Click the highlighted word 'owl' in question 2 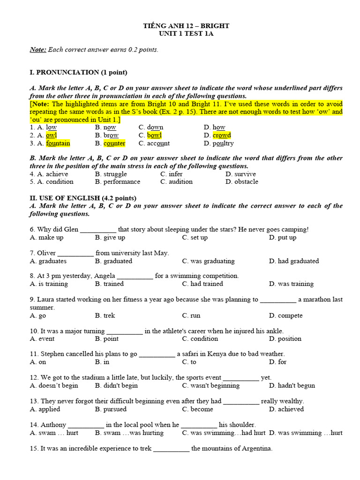pos(51,135)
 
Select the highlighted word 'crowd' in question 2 pos(222,135)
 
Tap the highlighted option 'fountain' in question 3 pos(58,143)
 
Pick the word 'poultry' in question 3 pos(223,143)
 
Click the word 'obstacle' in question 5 pos(246,182)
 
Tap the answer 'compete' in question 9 pos(290,315)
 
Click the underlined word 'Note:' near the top pos(38,50)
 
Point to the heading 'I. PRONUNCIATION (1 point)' pos(78,73)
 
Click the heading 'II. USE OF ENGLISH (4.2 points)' pos(83,198)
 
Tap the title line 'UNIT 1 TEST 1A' pos(186,34)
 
